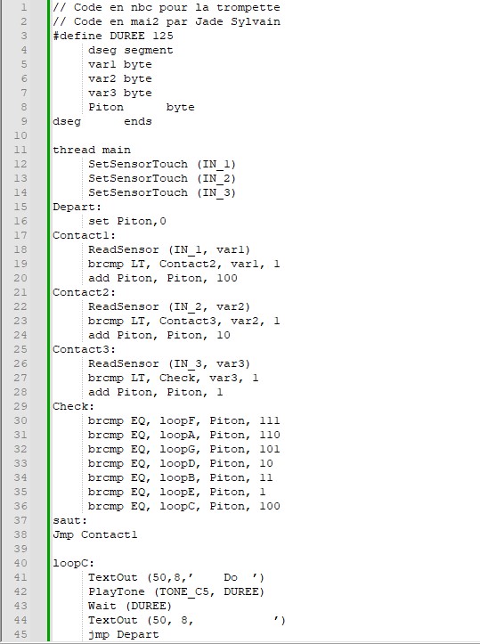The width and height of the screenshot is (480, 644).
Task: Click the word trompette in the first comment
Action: point(248,8)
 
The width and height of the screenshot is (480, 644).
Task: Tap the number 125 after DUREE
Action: point(163,36)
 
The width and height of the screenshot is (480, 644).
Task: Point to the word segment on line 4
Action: point(148,51)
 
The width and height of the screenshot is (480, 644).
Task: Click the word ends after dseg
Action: point(138,121)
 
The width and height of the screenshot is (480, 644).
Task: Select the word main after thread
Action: point(116,150)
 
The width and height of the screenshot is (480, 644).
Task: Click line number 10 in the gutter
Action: point(20,135)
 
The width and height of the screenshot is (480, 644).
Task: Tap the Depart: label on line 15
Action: point(77,207)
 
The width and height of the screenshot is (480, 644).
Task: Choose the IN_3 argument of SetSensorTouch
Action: point(216,192)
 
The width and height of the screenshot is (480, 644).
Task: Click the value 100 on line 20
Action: point(227,278)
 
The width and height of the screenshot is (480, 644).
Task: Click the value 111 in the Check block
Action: point(269,420)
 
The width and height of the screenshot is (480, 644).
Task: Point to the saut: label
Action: point(70,520)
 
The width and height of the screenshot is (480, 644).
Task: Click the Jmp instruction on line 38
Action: point(63,534)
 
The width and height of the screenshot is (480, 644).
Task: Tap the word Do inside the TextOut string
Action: point(231,577)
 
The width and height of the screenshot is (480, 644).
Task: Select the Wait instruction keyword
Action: point(102,606)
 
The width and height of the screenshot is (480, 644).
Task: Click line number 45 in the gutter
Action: point(20,634)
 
